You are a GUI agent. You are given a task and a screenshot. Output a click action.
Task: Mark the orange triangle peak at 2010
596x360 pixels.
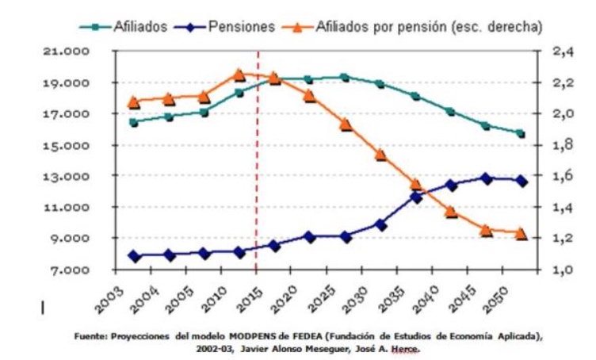pyautogui.click(x=239, y=75)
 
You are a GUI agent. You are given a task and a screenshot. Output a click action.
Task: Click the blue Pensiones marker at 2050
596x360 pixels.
pyautogui.click(x=521, y=181)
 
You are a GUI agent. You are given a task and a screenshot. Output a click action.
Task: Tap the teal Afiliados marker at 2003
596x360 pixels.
pyautogui.click(x=133, y=122)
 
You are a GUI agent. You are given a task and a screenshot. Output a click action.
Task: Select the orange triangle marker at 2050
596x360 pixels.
pyautogui.click(x=521, y=233)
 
